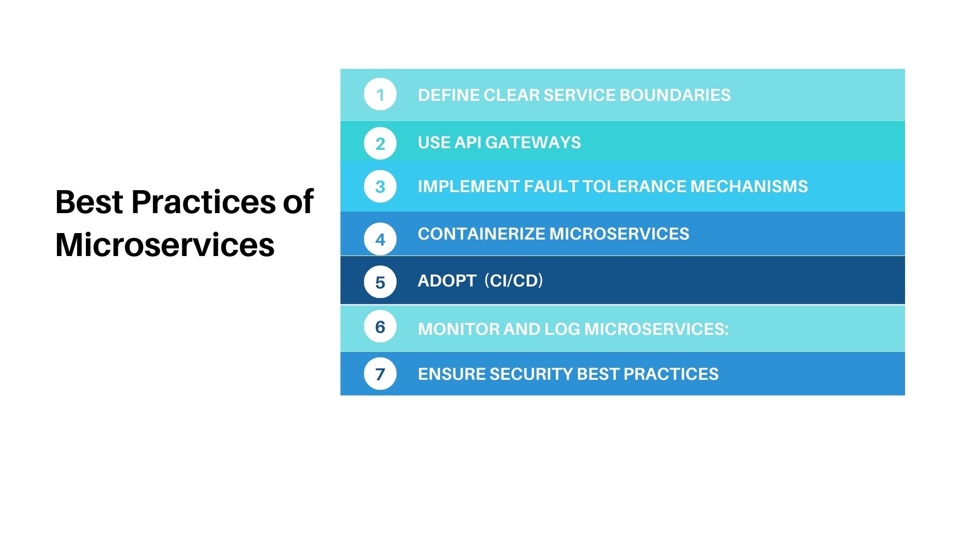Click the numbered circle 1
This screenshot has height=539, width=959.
coord(380,94)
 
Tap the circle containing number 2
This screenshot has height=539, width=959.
coord(380,143)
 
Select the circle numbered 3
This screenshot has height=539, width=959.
coord(380,186)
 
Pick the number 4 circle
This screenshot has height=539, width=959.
coord(380,239)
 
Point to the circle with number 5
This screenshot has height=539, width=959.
coord(380,282)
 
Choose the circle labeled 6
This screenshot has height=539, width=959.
coord(380,326)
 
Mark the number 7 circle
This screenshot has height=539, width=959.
coord(380,373)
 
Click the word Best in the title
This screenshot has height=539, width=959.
coord(89,202)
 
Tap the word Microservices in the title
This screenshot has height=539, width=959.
coord(165,245)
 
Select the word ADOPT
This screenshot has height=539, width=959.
coord(447,280)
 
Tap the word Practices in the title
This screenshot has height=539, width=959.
coord(203,202)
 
